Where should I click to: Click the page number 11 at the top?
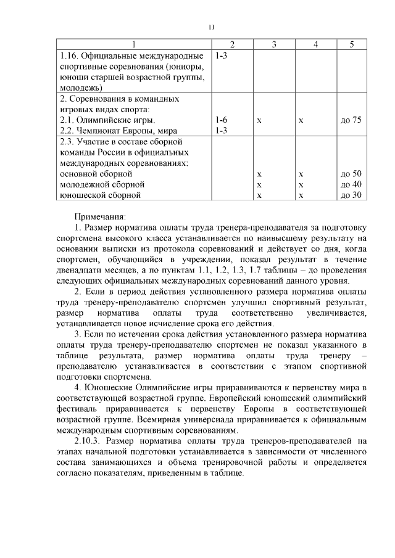pos(211,27)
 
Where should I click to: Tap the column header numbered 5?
pos(351,44)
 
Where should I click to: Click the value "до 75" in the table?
pos(351,120)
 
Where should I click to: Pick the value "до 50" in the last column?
pos(351,174)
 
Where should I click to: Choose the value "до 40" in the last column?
pos(351,184)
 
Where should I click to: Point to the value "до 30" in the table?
pos(351,195)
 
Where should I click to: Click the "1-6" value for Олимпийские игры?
pos(222,120)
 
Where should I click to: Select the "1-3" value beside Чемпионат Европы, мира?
pos(222,131)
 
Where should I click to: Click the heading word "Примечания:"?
pos(100,216)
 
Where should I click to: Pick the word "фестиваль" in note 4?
pos(78,408)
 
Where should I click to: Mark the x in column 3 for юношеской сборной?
pos(259,195)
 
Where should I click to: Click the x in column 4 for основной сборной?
pos(301,174)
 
